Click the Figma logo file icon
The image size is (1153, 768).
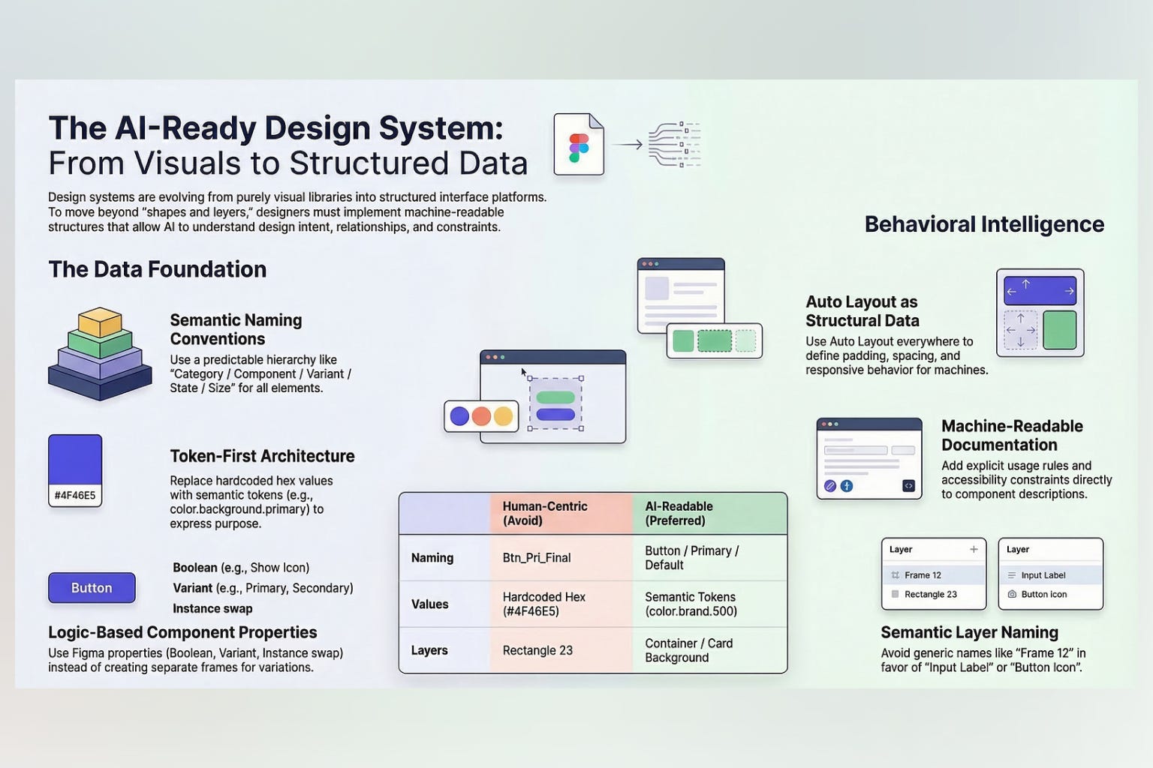(x=579, y=145)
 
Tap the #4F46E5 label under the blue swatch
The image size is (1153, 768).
(x=75, y=495)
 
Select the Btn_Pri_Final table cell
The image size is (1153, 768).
(x=537, y=558)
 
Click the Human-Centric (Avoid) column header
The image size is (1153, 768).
(x=545, y=514)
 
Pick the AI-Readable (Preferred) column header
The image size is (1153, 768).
(x=679, y=514)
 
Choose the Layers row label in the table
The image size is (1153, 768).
(x=429, y=650)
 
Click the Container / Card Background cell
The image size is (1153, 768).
(x=688, y=650)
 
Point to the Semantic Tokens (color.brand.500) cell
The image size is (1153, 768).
(x=691, y=604)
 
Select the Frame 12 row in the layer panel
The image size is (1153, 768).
(x=923, y=575)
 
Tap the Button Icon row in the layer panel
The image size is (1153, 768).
(x=1043, y=594)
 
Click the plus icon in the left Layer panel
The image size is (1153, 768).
(x=974, y=550)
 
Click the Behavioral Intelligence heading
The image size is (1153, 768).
(x=984, y=224)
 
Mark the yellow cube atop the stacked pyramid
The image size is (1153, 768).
(x=100, y=322)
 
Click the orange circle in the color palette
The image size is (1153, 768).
(x=481, y=416)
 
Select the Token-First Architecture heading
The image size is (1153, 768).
(x=262, y=456)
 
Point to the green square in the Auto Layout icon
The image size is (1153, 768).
(x=1059, y=330)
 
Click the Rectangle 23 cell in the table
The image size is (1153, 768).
(x=537, y=650)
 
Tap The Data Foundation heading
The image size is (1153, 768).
(x=158, y=269)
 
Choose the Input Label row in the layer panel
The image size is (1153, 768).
(x=1043, y=575)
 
